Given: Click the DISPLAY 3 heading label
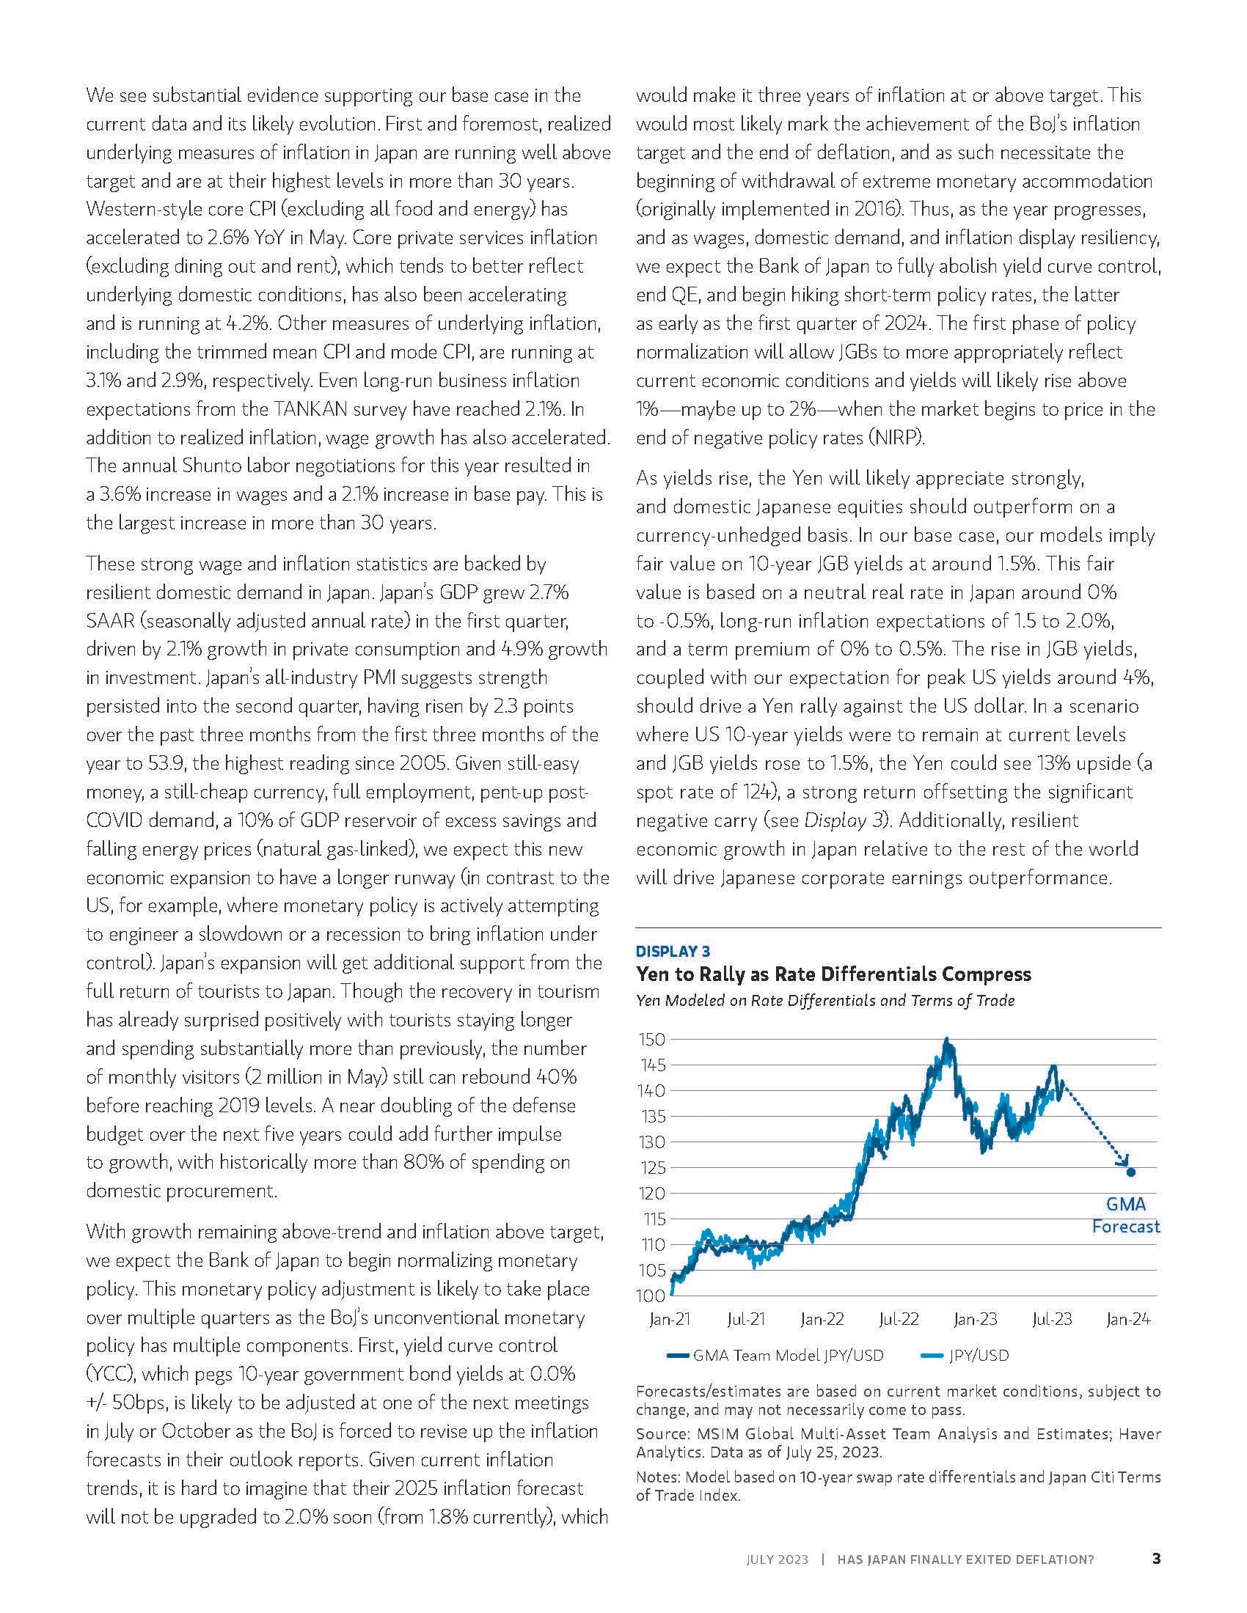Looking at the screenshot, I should tap(672, 951).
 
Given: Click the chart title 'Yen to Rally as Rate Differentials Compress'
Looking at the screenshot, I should tap(833, 974).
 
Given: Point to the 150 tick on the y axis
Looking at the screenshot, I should tap(652, 1039).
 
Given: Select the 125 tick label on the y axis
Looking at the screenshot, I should tap(652, 1168).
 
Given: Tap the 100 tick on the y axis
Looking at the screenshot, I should tap(652, 1296).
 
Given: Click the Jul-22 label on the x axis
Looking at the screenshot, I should tap(899, 1319).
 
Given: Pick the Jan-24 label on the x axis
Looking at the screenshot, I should tap(1127, 1319).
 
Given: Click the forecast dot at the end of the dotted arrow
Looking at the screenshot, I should tap(1130, 1172).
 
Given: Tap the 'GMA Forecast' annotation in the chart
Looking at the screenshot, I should tap(1126, 1215).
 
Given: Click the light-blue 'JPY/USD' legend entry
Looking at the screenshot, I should tap(976, 1355).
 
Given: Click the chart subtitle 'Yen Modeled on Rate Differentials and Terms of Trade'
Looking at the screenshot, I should tap(825, 1001).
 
